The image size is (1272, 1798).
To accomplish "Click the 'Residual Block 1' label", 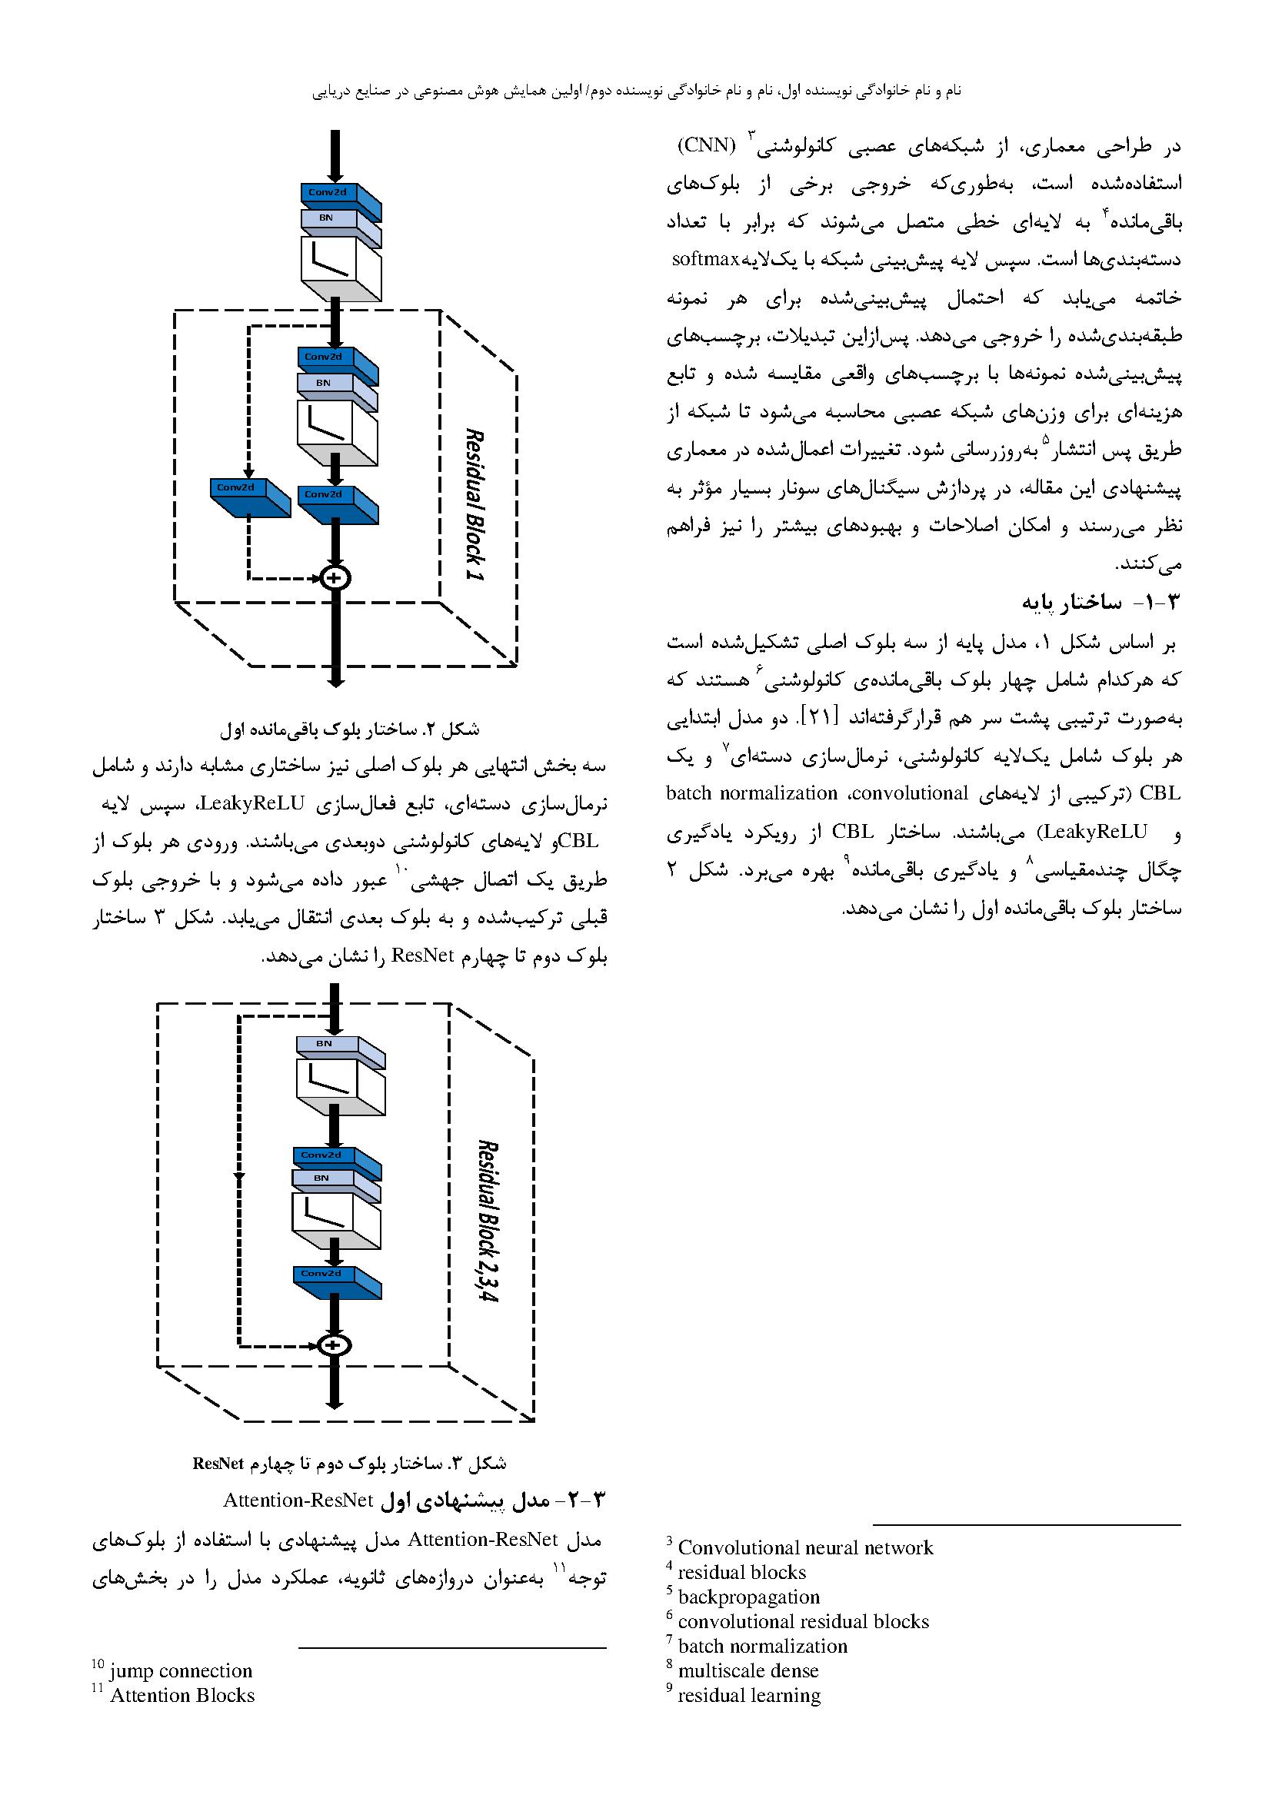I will coord(475,504).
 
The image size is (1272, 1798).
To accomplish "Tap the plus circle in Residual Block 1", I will coord(335,578).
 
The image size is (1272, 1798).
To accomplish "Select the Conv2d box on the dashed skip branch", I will coord(249,495).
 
